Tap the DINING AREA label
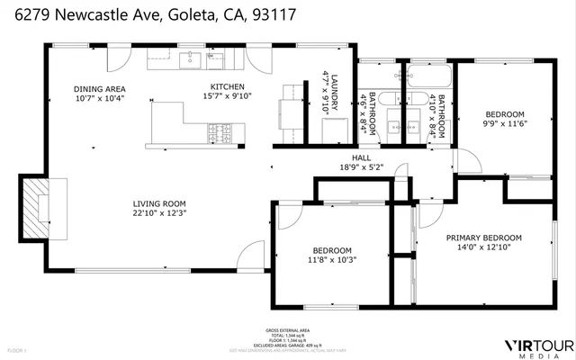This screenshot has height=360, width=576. click(x=99, y=89)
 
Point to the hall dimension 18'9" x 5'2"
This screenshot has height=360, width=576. click(x=360, y=166)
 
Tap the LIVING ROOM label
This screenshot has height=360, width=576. click(x=159, y=203)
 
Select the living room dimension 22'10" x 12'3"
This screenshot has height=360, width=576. click(x=159, y=214)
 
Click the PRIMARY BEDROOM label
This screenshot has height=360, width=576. click(x=484, y=238)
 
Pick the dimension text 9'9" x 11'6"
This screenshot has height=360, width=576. click(x=505, y=124)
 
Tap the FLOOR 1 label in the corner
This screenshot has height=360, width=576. click(x=18, y=349)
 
